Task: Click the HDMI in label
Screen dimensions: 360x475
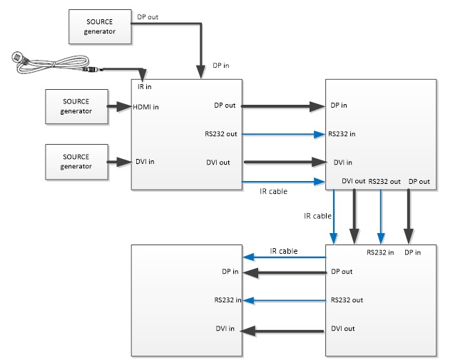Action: point(147,107)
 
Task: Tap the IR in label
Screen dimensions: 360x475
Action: point(144,86)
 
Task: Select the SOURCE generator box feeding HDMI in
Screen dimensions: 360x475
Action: point(76,107)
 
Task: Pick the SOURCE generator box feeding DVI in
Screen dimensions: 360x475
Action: point(76,161)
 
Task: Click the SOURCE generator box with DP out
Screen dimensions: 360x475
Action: point(101,27)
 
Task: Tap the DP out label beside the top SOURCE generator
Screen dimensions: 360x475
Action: point(148,16)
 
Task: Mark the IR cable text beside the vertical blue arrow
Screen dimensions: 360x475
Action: point(317,215)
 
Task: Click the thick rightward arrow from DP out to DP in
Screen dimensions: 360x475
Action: point(283,106)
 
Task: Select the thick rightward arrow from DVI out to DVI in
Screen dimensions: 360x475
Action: point(283,162)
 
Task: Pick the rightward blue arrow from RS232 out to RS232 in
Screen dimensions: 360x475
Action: point(283,133)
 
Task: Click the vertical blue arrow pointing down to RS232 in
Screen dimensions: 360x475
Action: point(381,217)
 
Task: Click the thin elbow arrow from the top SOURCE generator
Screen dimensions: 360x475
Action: point(201,43)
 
